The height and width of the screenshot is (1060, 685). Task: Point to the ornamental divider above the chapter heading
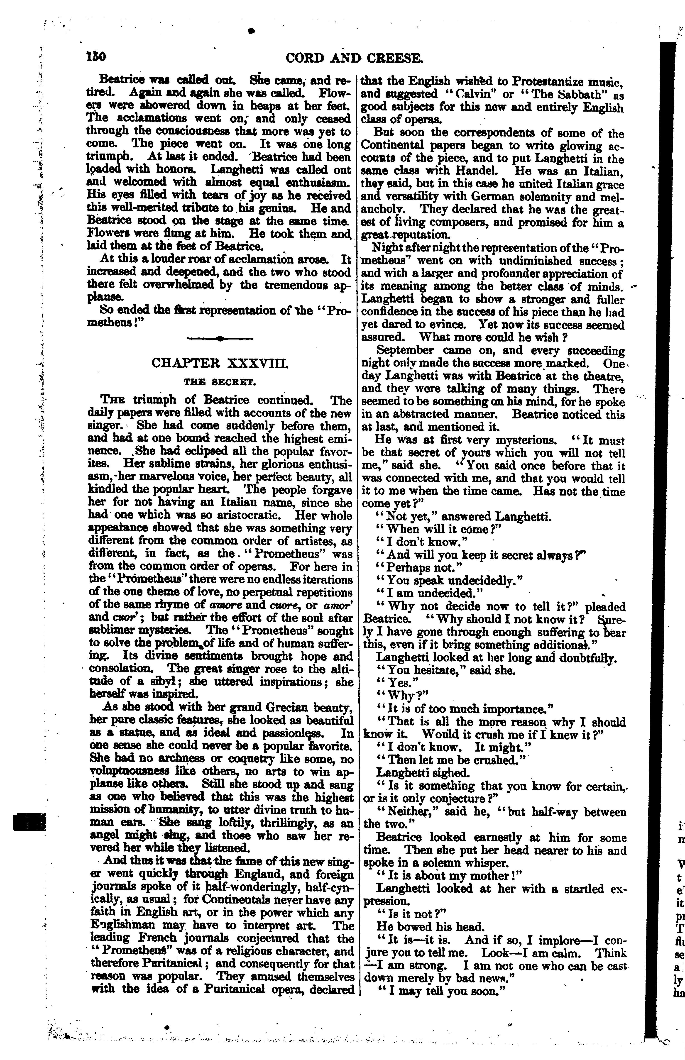220,339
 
